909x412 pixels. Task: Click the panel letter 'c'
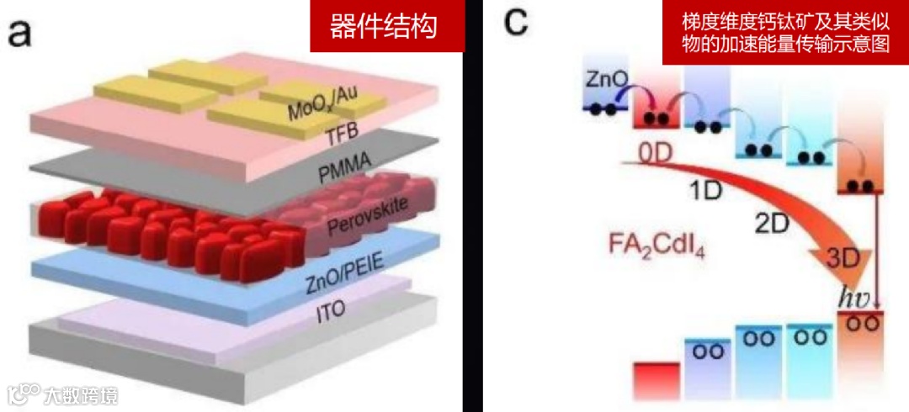515,24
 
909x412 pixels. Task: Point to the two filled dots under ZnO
602,108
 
